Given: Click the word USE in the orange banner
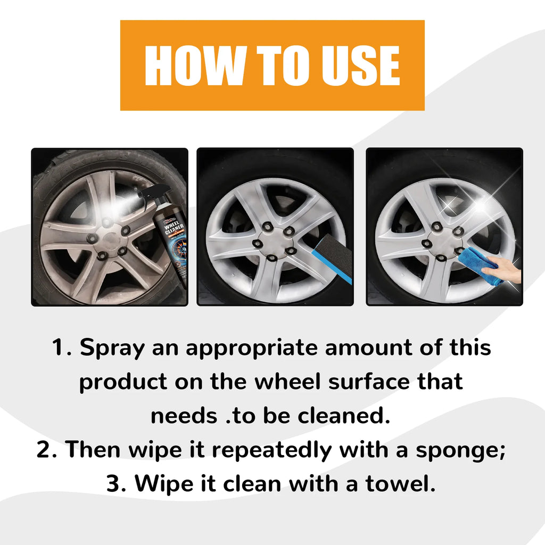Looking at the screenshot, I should [358, 65].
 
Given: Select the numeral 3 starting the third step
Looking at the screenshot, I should [114, 484].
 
